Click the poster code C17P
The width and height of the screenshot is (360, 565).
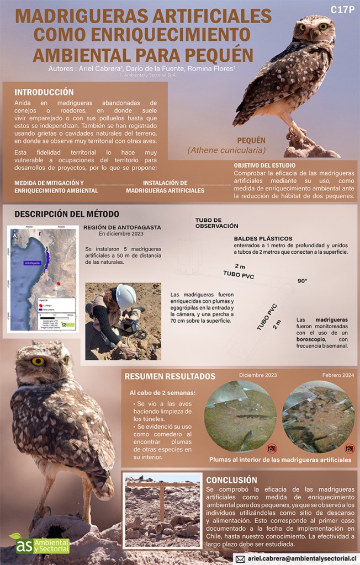pos(342,9)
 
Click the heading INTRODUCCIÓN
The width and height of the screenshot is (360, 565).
pos(44,92)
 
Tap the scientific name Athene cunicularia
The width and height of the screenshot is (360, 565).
pos(226,150)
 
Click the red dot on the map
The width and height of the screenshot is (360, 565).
pos(57,283)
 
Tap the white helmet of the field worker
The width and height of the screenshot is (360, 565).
pos(125,296)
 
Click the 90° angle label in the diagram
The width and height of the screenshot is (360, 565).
pos(302,281)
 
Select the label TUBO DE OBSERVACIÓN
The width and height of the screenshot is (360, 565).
pos(216,222)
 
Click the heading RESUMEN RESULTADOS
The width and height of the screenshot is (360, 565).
pos(170,377)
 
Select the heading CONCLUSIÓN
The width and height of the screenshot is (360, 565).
pos(231,479)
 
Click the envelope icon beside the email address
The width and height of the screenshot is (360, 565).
pos(240,558)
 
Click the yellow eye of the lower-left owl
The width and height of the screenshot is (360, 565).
pos(38,361)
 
